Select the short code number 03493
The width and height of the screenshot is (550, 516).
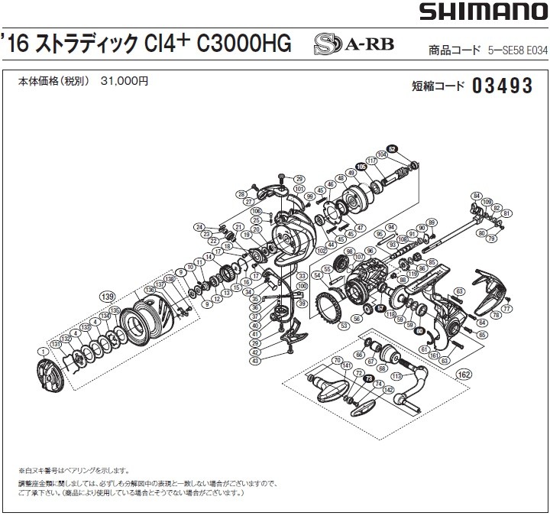[502, 86]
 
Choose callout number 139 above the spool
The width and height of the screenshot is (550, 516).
[108, 295]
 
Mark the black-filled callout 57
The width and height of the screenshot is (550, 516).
[380, 308]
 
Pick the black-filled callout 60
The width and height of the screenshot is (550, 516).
[419, 330]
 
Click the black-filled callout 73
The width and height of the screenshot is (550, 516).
[369, 378]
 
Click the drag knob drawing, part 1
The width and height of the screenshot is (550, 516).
[50, 374]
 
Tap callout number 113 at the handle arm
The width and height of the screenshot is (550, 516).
[395, 376]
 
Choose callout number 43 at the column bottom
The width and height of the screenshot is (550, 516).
[255, 360]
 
